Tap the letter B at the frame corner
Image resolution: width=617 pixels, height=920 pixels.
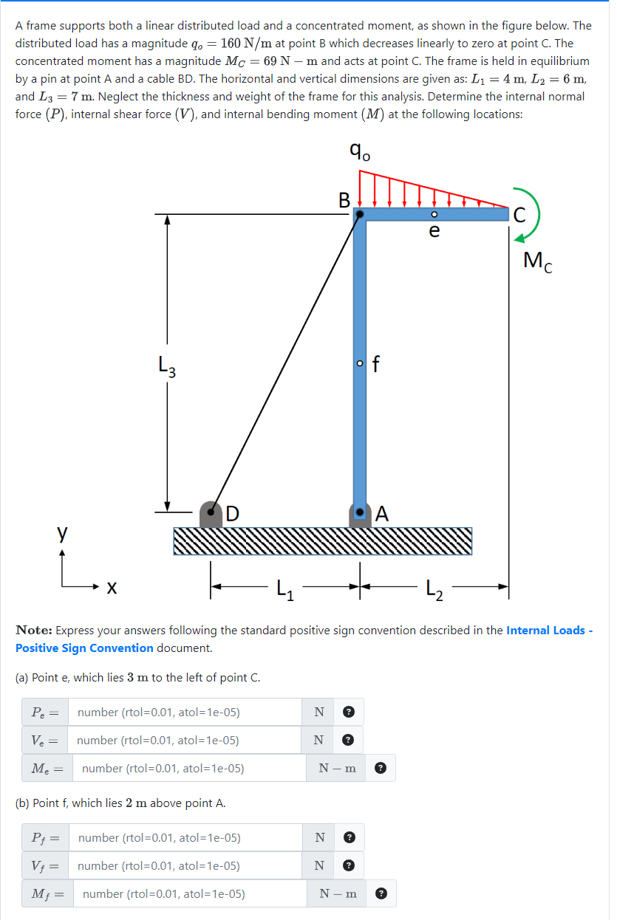pyautogui.click(x=344, y=199)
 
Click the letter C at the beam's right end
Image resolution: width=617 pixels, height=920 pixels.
pyautogui.click(x=519, y=215)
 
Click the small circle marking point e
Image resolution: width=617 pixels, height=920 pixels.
pyautogui.click(x=434, y=214)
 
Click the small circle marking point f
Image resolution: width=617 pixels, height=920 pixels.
pyautogui.click(x=360, y=363)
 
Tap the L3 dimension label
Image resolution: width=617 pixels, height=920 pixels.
pyautogui.click(x=168, y=365)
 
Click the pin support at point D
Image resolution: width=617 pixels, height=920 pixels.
pyautogui.click(x=211, y=513)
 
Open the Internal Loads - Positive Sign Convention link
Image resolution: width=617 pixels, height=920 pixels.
pyautogui.click(x=549, y=631)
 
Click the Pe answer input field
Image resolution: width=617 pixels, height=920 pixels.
pyautogui.click(x=185, y=713)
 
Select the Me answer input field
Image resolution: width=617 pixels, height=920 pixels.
pyautogui.click(x=188, y=769)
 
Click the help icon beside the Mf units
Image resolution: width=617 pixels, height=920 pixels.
pyautogui.click(x=381, y=894)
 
